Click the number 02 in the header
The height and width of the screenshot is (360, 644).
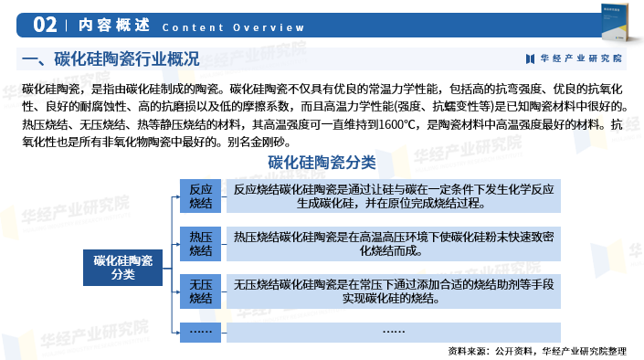pos(46,25)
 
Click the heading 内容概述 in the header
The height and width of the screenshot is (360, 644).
pos(103,26)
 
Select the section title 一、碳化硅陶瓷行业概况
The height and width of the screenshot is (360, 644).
pos(110,60)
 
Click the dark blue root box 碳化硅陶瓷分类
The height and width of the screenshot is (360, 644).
pos(122,268)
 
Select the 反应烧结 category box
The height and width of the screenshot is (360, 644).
pos(200,196)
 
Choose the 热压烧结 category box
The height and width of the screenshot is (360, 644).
pos(200,244)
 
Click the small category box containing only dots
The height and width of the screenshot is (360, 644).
pos(200,330)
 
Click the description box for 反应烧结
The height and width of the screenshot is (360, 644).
pos(394,196)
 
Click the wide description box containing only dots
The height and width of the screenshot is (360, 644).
pos(394,330)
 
